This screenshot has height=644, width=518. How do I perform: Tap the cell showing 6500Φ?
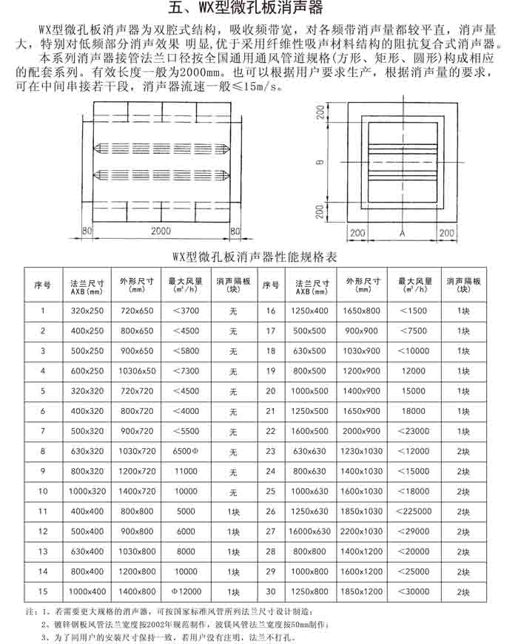(185, 450)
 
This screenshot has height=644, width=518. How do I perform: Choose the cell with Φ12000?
(185, 592)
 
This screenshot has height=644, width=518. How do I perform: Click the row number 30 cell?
(270, 592)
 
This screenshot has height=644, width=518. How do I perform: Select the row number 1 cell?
(43, 311)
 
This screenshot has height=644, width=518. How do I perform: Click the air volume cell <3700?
(185, 311)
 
